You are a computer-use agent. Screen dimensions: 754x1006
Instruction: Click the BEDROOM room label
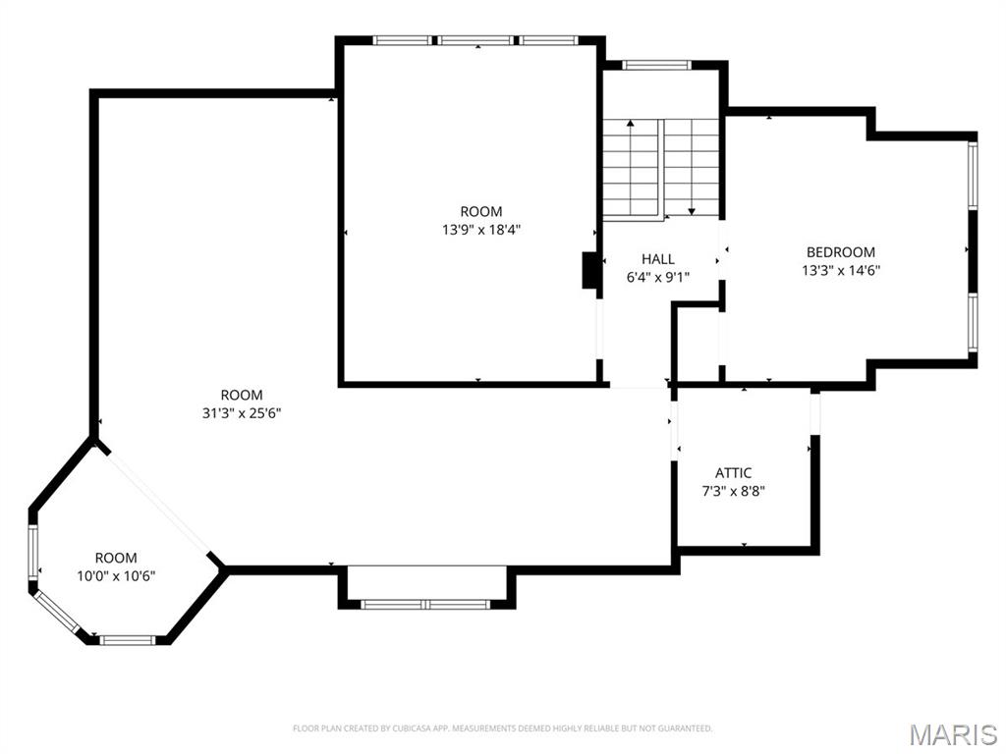(x=840, y=252)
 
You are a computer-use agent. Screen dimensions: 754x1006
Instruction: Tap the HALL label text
(x=658, y=259)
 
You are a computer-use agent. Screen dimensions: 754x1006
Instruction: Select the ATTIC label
(x=733, y=473)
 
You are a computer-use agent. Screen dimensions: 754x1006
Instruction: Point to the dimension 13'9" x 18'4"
(x=480, y=230)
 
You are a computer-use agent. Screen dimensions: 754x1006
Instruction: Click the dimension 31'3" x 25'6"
(x=242, y=413)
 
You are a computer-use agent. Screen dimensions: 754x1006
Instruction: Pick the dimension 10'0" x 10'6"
(x=116, y=576)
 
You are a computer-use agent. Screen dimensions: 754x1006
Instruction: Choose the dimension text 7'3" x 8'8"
(x=733, y=491)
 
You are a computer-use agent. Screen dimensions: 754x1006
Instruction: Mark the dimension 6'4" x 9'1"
(x=658, y=277)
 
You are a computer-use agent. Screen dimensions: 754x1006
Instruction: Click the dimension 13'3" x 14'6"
(x=840, y=270)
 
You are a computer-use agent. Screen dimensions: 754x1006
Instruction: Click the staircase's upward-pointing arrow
(x=630, y=125)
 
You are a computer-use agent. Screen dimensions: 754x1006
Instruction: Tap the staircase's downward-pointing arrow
(x=692, y=209)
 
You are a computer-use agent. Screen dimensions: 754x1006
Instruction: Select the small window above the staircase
(x=657, y=66)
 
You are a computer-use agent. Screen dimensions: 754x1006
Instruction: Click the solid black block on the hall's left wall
(x=591, y=270)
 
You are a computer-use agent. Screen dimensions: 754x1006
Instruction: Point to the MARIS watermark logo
(x=953, y=734)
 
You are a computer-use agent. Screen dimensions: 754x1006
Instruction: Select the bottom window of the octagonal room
(x=128, y=640)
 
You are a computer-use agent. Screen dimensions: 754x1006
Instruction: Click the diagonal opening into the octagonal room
(x=157, y=502)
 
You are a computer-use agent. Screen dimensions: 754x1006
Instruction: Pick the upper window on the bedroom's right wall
(x=973, y=175)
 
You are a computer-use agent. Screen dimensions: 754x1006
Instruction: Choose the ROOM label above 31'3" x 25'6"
(x=242, y=396)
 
